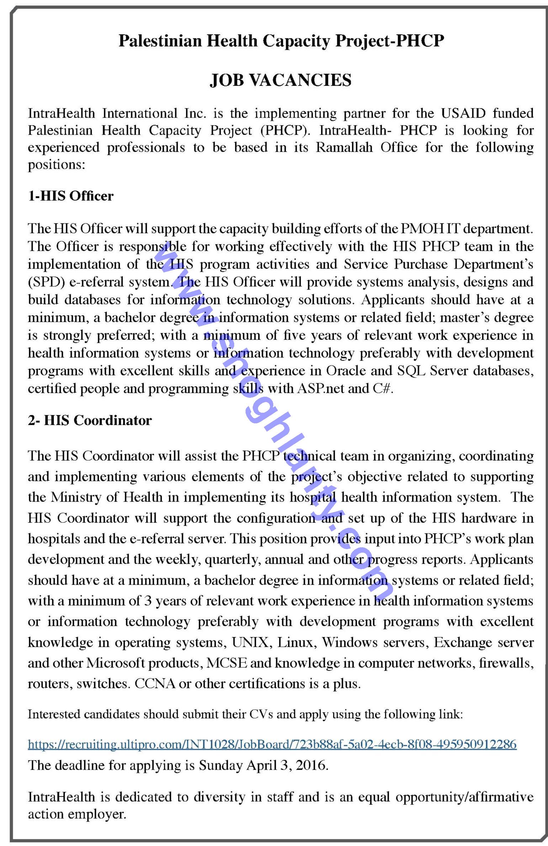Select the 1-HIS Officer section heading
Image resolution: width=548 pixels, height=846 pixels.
point(71,196)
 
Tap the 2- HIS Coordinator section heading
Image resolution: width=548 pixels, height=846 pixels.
point(90,420)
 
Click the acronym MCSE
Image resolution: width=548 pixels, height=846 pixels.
point(226,663)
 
